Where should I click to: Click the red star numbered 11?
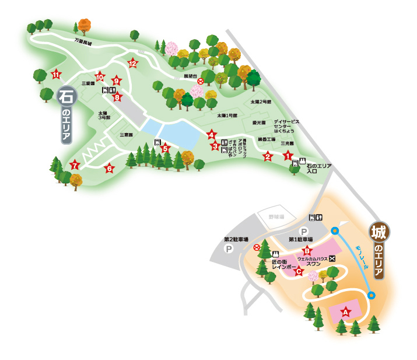(x=56, y=74)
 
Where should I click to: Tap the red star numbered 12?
(x=133, y=63)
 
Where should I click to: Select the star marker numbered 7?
(x=74, y=165)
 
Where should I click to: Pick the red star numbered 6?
(x=108, y=169)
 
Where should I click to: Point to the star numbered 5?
(x=165, y=148)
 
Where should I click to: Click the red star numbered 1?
(x=288, y=156)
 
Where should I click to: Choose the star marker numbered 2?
(x=268, y=156)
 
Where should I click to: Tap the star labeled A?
(x=345, y=312)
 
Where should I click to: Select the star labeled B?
(x=307, y=251)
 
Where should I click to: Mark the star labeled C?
(x=299, y=270)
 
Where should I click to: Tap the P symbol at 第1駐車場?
(x=303, y=231)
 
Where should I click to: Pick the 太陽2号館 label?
(x=261, y=102)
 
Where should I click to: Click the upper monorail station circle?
(x=335, y=230)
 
